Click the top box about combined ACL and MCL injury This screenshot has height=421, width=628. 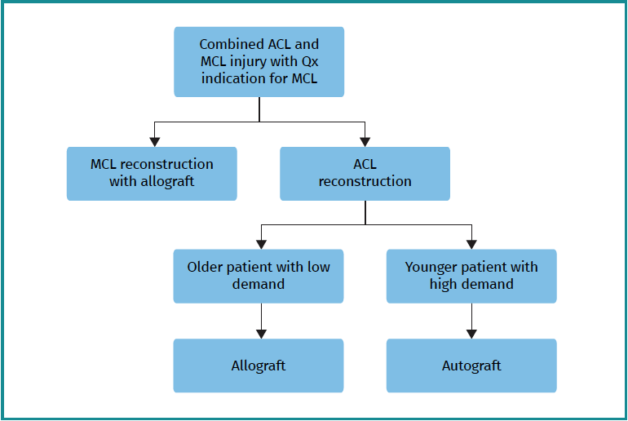[x=259, y=62]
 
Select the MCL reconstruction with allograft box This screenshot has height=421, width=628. [x=152, y=173]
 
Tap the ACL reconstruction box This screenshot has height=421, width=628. [x=365, y=173]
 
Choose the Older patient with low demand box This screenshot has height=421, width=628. [x=259, y=276]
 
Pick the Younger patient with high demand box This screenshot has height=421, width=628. [x=471, y=276]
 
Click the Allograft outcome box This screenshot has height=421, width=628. [x=259, y=366]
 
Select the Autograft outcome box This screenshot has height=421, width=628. [x=471, y=366]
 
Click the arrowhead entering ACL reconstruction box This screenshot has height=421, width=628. [x=365, y=141]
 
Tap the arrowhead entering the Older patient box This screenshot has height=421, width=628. [x=261, y=243]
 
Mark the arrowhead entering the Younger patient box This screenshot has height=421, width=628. [x=471, y=243]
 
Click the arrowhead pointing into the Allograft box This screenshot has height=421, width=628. [x=261, y=333]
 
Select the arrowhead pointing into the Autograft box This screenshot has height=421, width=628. [x=471, y=333]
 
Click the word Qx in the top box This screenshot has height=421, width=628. [x=307, y=61]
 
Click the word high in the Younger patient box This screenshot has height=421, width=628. [x=444, y=285]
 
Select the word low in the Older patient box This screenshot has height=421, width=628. [x=319, y=267]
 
